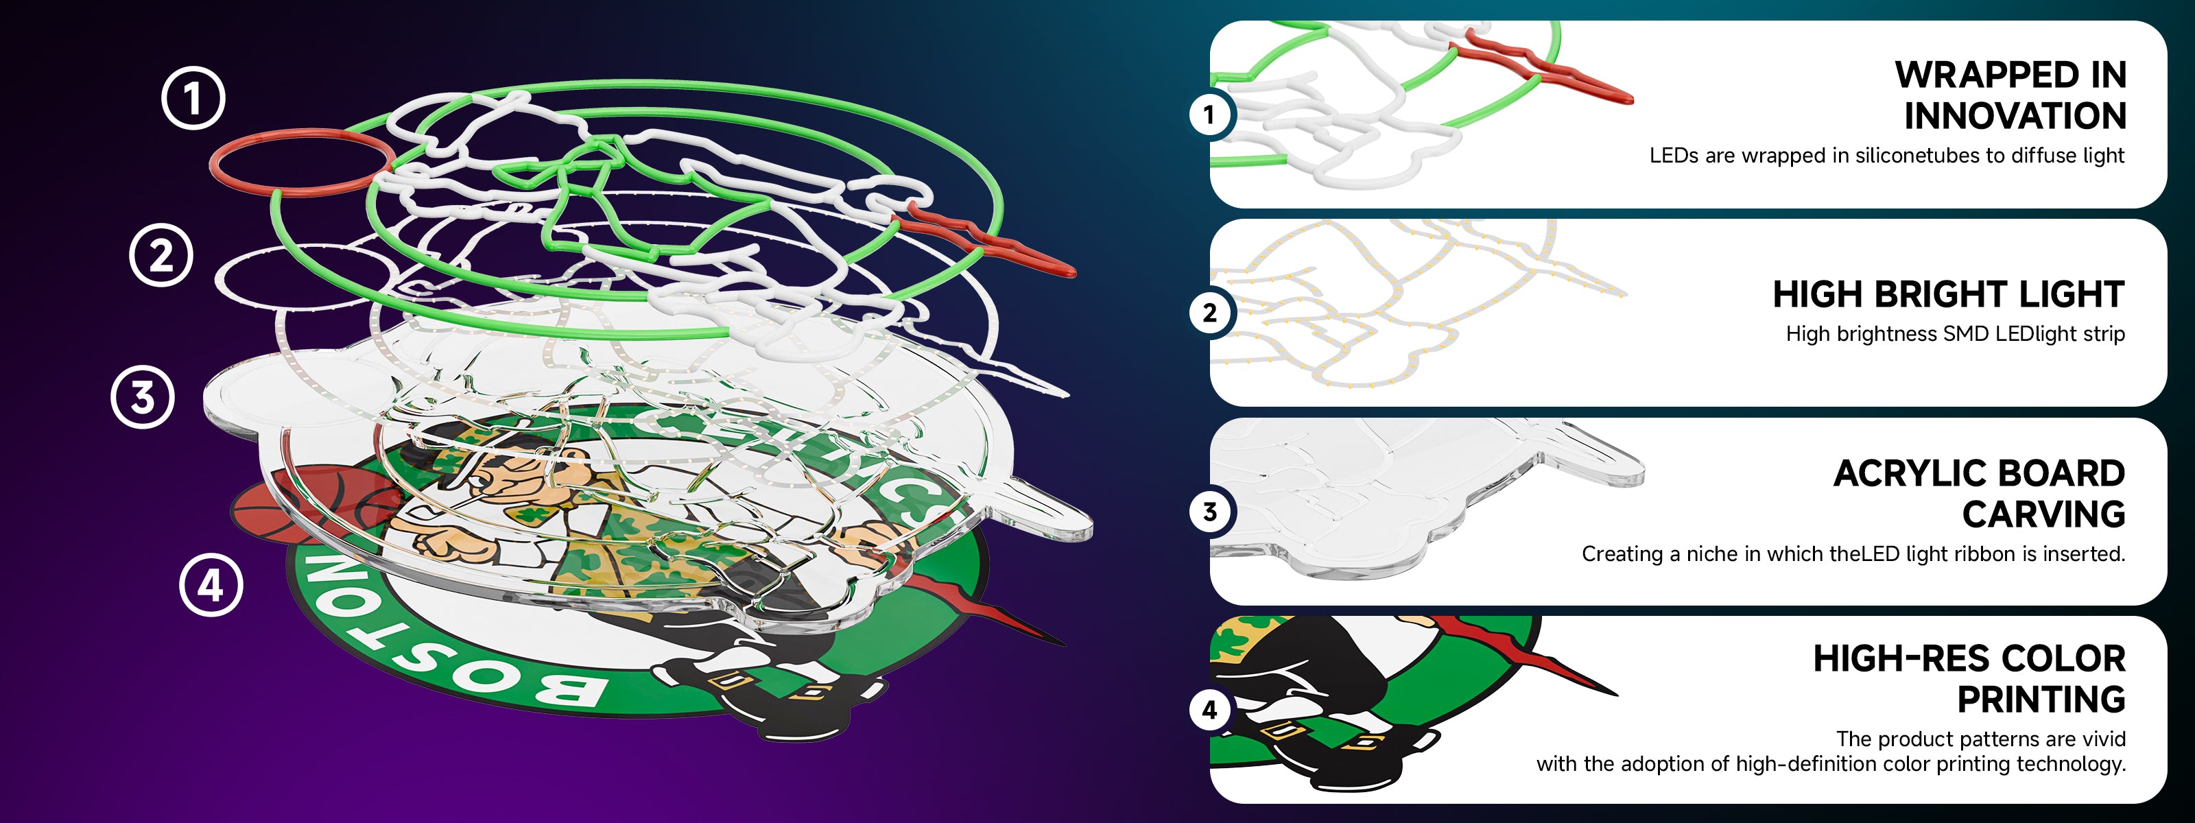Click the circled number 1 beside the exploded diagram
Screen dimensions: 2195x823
pos(193,98)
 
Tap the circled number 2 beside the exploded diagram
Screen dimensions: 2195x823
pos(161,254)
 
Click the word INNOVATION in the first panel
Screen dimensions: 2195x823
pos(2015,116)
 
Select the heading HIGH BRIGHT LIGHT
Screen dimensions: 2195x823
pos(1949,294)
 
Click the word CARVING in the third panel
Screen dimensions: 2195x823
pos(2043,514)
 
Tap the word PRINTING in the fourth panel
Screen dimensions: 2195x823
pos(2041,700)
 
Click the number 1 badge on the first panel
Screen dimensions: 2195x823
pos(1209,114)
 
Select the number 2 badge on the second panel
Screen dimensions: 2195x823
pos(1209,313)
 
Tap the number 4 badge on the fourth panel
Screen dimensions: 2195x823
pos(1209,710)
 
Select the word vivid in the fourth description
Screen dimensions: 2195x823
pos(2103,739)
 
